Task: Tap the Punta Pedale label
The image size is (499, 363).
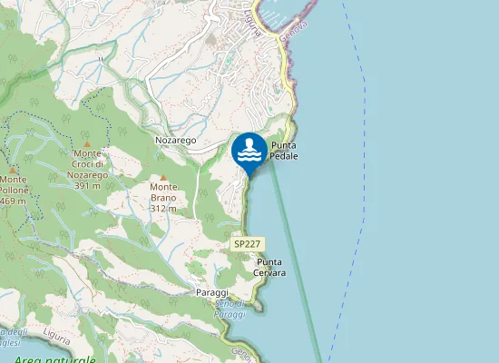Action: coord(284,151)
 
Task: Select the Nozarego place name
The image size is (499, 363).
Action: coord(176,142)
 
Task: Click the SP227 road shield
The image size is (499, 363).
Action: coord(247,244)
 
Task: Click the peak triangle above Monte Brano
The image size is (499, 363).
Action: coord(163,178)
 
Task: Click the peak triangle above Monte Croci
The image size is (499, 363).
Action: coord(87,143)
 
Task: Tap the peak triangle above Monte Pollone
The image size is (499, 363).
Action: coord(13,170)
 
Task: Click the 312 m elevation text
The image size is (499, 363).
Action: coord(163,209)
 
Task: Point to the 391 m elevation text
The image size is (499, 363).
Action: coord(87,185)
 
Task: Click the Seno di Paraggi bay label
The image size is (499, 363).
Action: coord(231,309)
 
